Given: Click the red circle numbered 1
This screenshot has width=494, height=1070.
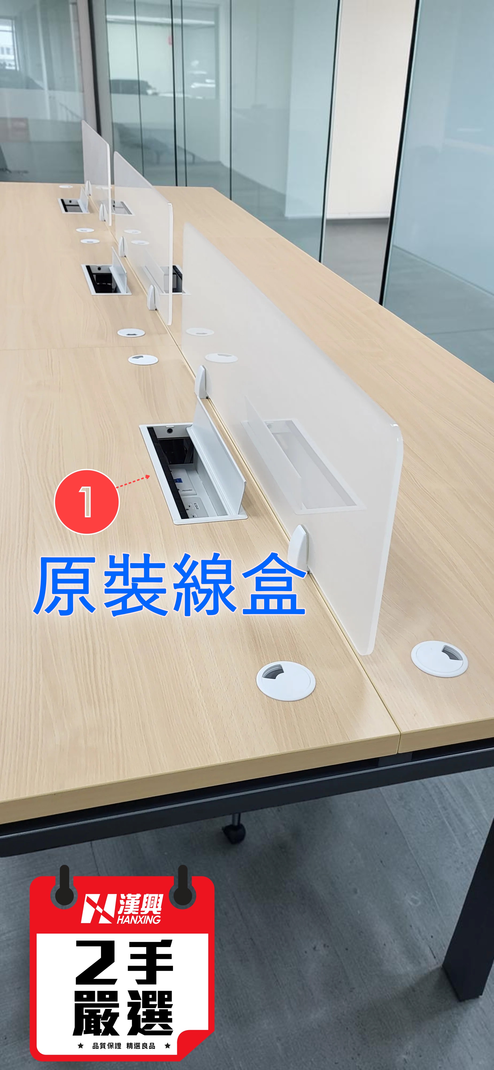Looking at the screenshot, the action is point(87,501).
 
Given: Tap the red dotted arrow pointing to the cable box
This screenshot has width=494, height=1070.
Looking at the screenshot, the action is point(133,482).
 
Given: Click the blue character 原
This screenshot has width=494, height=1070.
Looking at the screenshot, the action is point(65,586).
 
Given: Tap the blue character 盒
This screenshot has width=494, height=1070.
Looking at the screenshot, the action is point(274,585).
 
